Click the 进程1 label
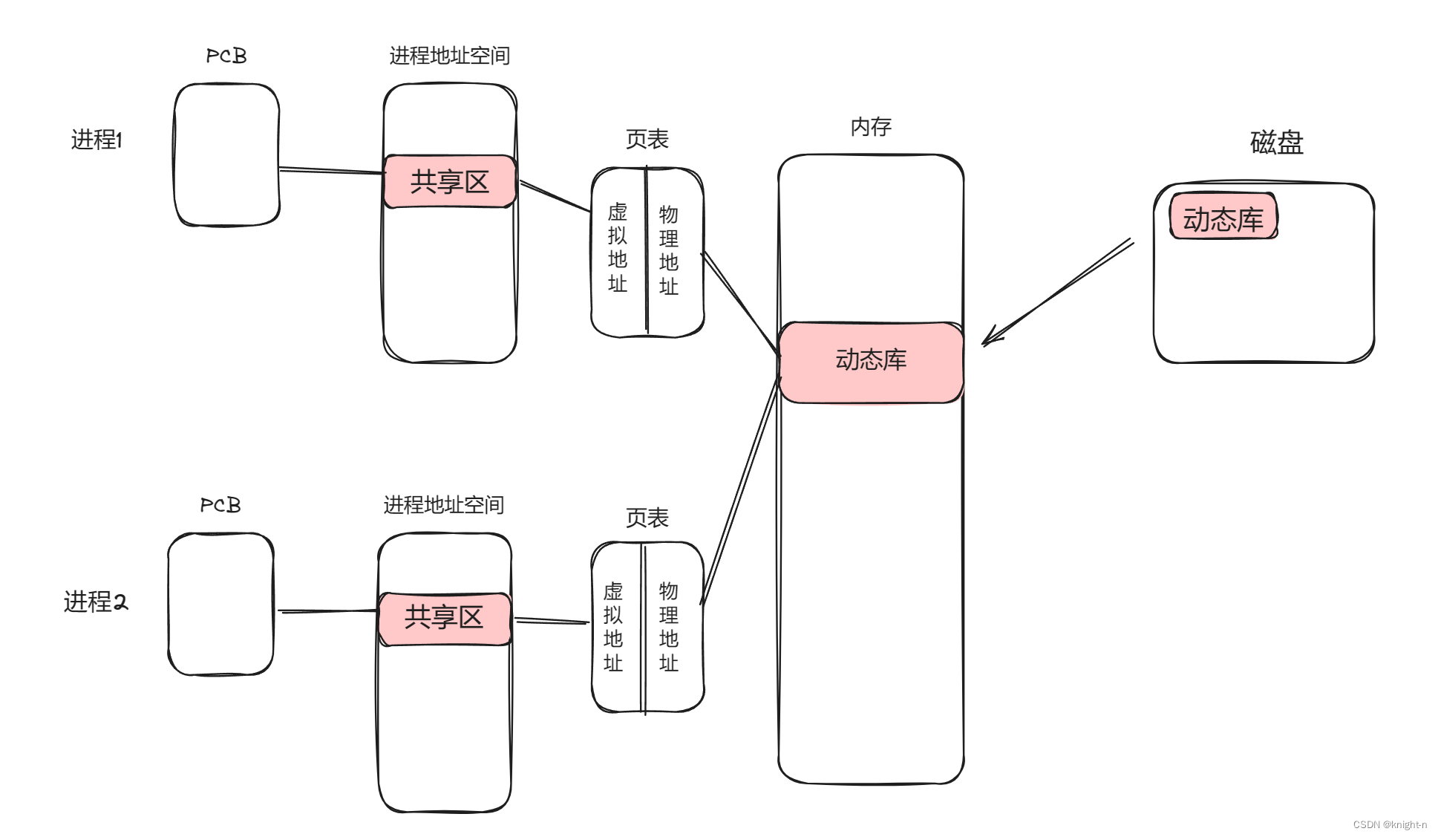tap(96, 140)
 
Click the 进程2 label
tap(96, 602)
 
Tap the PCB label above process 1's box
tap(226, 56)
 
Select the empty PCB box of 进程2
tap(220, 604)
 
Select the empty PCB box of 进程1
tap(226, 154)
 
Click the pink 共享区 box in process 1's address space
tap(450, 182)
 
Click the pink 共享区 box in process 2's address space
tap(444, 618)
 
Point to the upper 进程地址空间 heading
tap(449, 56)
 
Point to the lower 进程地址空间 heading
tap(443, 505)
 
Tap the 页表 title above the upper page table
tap(647, 139)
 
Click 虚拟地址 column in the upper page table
tap(618, 248)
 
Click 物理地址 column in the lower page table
tap(669, 627)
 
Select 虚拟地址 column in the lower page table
tap(613, 627)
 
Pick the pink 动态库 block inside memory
tap(871, 361)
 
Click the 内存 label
tap(871, 127)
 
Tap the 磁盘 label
tap(1276, 142)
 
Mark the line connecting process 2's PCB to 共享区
tap(327, 611)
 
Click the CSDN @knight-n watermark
tap(1389, 824)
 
